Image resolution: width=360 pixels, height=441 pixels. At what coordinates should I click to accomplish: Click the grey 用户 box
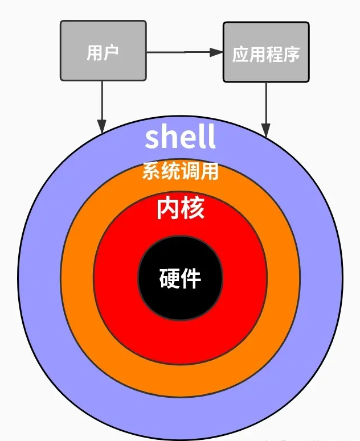103,51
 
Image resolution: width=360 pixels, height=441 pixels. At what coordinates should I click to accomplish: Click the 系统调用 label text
180,171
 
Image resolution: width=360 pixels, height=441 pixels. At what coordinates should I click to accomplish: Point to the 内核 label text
180,209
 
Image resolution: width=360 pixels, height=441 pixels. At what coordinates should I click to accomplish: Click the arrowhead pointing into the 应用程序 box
216,52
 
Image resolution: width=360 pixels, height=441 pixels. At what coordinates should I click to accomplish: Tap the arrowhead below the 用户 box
103,126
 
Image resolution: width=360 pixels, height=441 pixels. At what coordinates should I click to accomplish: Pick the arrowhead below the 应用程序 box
266,129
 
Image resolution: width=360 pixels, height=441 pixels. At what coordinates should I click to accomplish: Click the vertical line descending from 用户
103,100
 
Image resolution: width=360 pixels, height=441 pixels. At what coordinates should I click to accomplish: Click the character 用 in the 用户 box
94,52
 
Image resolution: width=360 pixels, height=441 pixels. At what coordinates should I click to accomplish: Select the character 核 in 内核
193,209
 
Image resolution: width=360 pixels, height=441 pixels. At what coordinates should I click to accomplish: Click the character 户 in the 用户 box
111,52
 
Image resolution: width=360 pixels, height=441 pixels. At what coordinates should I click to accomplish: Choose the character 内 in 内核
168,209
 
